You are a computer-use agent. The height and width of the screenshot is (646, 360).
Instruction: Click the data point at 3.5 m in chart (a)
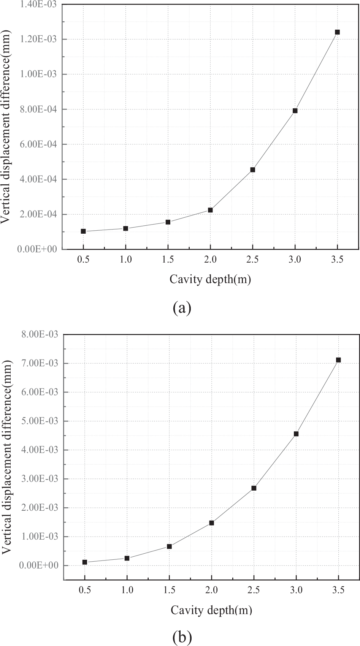337,32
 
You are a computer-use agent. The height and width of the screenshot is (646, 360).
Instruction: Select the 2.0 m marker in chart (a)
210,210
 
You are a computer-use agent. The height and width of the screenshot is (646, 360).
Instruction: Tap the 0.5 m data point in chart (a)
83,231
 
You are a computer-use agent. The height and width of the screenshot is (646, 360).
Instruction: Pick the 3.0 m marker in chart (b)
296,434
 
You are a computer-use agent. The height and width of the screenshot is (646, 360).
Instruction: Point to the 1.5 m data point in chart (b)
169,546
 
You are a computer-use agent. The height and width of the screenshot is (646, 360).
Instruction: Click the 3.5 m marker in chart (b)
338,360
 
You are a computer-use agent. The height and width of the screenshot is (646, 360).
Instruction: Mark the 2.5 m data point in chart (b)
254,488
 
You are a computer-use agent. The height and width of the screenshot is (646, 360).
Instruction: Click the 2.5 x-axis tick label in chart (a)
252,260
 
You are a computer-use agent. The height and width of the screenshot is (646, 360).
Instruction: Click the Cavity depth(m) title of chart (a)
210,280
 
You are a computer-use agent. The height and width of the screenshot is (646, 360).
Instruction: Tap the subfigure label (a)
182,307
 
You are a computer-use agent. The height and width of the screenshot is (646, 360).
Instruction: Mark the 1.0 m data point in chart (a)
125,228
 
